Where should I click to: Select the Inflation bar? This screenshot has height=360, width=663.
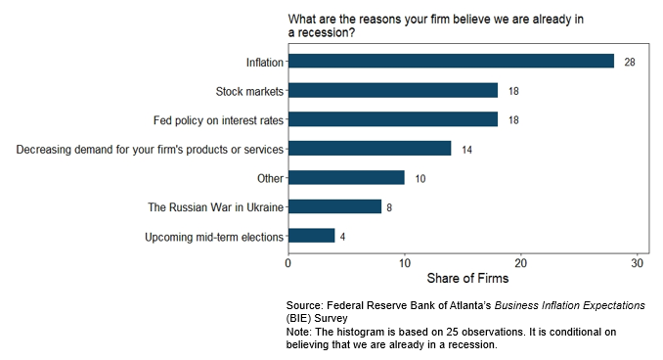(451, 61)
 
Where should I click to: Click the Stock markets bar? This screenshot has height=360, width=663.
(393, 90)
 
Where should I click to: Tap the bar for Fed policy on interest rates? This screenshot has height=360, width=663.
(393, 119)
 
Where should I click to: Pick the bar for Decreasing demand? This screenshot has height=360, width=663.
(370, 149)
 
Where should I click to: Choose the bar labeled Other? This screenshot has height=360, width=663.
(347, 178)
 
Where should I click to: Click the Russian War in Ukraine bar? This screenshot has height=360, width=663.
(334, 206)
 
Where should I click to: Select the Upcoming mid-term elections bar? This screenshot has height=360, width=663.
(312, 236)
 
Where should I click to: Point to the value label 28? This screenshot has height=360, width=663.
(630, 63)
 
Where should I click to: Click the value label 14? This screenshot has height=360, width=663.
(466, 150)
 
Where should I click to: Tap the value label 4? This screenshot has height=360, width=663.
(342, 237)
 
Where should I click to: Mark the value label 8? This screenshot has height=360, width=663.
(389, 207)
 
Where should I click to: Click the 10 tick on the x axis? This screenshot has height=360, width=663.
(405, 263)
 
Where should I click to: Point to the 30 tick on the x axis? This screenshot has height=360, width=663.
(638, 263)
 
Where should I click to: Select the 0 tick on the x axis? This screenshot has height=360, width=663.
(287, 263)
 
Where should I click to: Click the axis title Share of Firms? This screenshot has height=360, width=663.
(467, 278)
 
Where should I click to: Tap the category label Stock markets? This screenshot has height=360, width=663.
(249, 91)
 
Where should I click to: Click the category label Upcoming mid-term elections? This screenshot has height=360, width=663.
(214, 237)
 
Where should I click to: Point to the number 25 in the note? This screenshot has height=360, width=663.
(452, 332)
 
